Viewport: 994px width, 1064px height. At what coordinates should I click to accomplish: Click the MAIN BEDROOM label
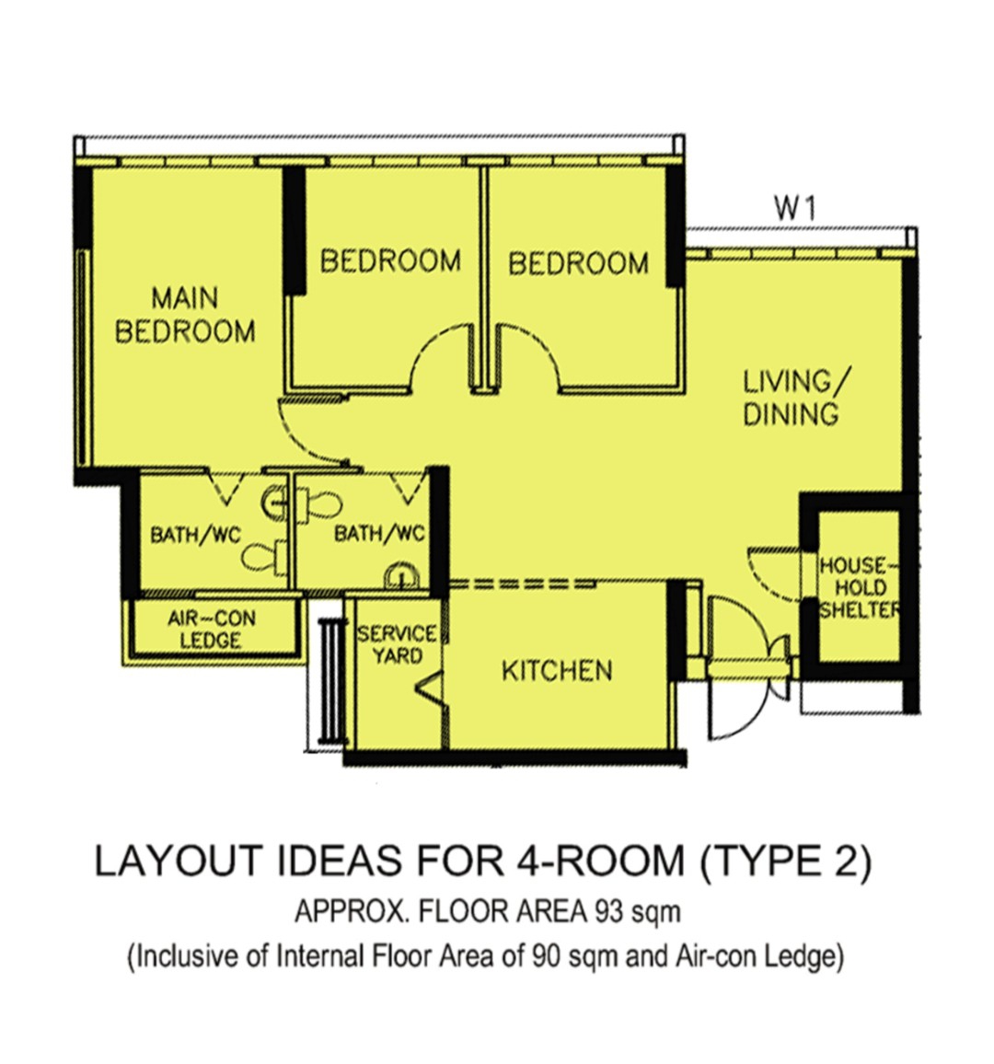click(x=185, y=315)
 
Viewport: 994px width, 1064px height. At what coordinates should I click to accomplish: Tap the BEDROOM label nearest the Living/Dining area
click(x=578, y=263)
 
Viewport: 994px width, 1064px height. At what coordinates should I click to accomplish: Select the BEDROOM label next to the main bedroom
click(x=390, y=260)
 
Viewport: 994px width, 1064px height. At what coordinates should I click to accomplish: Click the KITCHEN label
click(x=557, y=670)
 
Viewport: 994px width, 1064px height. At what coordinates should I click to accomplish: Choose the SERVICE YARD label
click(x=397, y=644)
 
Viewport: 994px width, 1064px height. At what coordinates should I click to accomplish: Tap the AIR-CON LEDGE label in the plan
click(x=211, y=629)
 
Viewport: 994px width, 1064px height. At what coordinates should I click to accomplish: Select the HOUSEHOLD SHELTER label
click(x=860, y=587)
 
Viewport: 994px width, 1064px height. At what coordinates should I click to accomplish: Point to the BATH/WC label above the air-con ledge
click(x=195, y=535)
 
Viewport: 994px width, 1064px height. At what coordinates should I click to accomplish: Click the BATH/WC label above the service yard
click(x=379, y=533)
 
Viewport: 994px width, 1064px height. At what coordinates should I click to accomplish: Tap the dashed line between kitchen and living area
click(x=523, y=584)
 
